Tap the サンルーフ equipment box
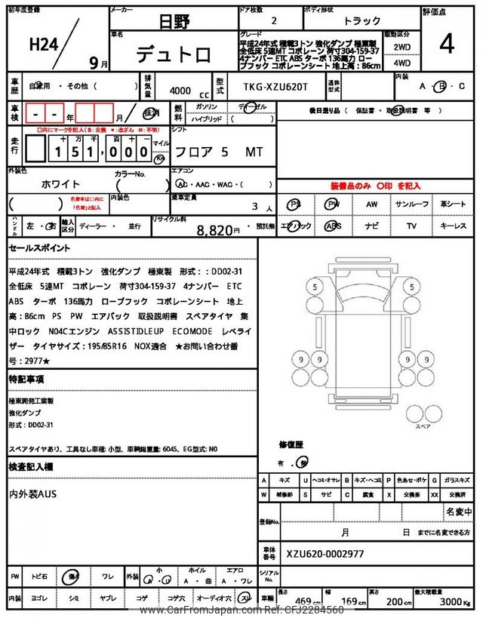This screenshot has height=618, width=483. [412, 204]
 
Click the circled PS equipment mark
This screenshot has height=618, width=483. [295, 204]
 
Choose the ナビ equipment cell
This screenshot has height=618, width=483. [371, 226]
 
